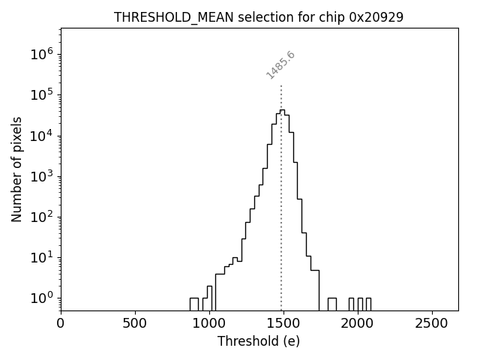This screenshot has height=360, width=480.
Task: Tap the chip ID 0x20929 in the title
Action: (376, 17)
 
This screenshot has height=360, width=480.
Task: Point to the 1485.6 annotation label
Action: (281, 65)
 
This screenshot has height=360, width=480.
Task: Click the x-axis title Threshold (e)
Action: (259, 341)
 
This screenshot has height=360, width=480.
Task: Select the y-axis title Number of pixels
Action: (17, 169)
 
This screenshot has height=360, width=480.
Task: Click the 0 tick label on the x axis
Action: (61, 323)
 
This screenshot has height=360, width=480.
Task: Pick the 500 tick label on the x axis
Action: (135, 323)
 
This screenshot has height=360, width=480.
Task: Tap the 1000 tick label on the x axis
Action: (209, 323)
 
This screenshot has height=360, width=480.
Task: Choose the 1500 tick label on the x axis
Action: (283, 323)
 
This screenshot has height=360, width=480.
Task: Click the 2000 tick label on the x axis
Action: (358, 323)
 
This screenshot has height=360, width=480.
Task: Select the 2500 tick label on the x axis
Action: (432, 323)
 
